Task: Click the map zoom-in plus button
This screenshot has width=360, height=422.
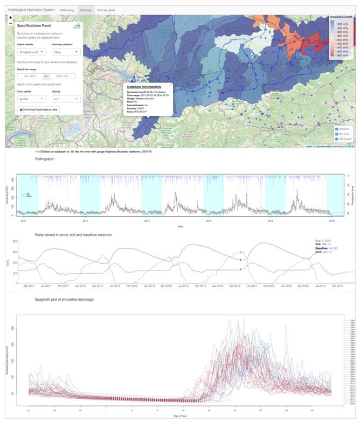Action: [11, 18]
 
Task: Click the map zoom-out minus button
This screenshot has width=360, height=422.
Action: [11, 24]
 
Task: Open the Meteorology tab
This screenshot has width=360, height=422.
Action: [67, 10]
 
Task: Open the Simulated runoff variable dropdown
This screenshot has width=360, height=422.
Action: [32, 52]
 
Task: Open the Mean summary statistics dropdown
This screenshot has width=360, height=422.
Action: [66, 52]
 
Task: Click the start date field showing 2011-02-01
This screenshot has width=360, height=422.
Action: [29, 76]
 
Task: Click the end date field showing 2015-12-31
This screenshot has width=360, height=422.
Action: [63, 76]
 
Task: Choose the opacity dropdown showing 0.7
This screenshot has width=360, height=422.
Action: [66, 99]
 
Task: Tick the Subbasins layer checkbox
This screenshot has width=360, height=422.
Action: [336, 129]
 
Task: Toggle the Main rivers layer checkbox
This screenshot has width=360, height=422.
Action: [336, 134]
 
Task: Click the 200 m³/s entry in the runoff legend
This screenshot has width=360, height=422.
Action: [343, 25]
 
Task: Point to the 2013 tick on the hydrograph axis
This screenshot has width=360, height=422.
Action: [147, 221]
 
